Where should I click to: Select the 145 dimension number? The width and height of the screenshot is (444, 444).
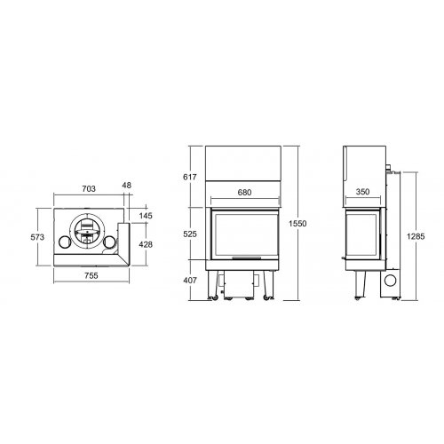click(x=146, y=216)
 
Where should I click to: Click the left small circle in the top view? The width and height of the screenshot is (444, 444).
click(x=65, y=242)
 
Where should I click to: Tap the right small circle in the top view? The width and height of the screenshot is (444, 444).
click(x=109, y=242)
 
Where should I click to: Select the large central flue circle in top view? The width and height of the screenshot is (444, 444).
click(x=87, y=232)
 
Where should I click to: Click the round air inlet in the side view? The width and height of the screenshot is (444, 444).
click(x=387, y=282)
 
